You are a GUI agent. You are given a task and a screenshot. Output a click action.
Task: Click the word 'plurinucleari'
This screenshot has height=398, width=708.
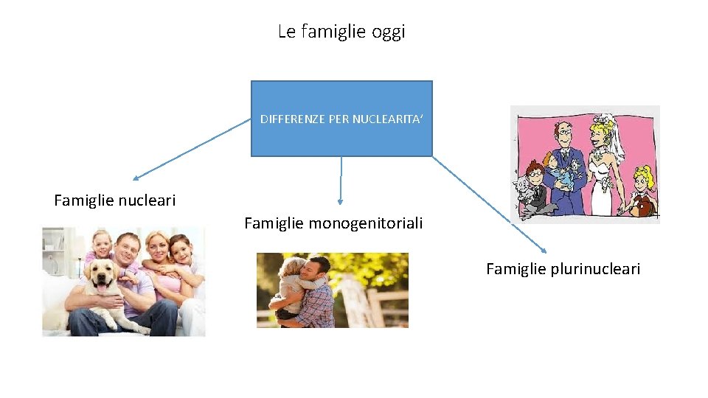[x=595, y=269]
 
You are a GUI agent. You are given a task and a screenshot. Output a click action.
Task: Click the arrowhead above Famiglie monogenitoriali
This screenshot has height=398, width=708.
[x=340, y=200]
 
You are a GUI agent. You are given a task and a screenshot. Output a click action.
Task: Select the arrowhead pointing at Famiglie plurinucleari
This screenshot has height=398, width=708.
[x=543, y=251]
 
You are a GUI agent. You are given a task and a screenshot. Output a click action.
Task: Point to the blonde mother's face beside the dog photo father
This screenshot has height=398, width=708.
[x=157, y=243]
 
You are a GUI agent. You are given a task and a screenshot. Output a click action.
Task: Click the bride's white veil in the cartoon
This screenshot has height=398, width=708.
[x=614, y=140]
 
